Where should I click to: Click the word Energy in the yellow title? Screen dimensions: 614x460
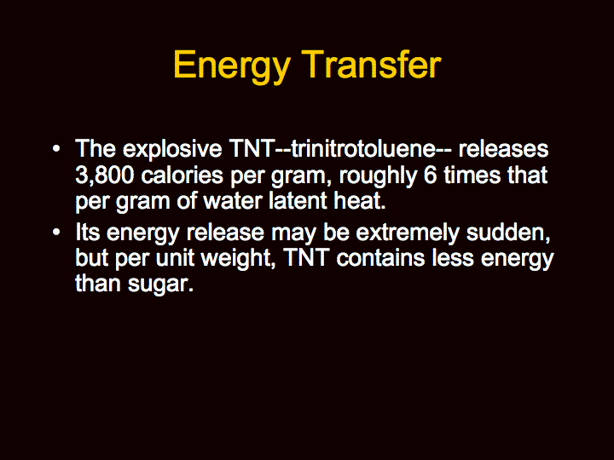231,66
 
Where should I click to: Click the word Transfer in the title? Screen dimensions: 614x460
371,64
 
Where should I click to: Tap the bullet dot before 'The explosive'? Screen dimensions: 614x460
56,149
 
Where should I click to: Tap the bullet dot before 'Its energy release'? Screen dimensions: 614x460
56,233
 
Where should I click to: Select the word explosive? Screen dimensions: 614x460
172,149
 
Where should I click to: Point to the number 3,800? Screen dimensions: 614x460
105,175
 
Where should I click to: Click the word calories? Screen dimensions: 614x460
182,175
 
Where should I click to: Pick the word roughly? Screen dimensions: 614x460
378,175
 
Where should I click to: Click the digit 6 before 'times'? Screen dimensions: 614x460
430,175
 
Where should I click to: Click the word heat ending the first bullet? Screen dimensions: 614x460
360,200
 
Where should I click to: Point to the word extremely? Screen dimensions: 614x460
408,233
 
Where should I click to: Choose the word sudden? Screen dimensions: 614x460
508,233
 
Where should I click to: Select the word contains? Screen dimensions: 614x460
380,258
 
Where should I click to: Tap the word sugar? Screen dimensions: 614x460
160,285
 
